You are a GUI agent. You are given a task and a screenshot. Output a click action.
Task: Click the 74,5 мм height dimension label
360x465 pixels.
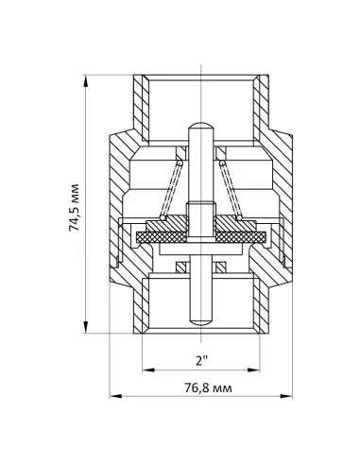[75, 207]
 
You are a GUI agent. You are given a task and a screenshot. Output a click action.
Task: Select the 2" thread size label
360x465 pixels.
[201, 360]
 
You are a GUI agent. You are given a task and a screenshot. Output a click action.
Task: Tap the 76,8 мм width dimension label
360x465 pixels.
[208, 387]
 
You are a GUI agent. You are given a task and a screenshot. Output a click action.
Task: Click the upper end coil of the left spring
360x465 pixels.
[180, 164]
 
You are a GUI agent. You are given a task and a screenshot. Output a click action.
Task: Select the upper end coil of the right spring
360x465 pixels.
[222, 164]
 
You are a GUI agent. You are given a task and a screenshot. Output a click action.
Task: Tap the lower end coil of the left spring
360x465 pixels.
[163, 217]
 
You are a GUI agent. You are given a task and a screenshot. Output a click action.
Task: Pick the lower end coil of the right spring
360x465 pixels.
[239, 217]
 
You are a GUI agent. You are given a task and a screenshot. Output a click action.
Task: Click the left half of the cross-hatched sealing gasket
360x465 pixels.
[162, 237]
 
